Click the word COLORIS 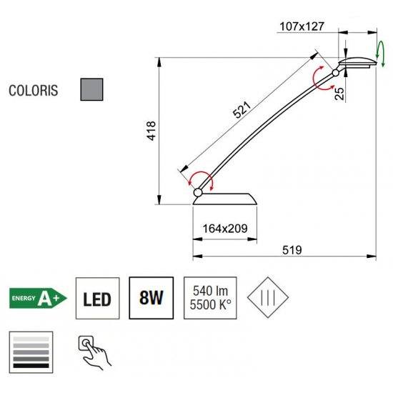point(34,91)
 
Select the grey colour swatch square point(91,89)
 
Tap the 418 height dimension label point(151,131)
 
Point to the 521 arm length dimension point(242,110)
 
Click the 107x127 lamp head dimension point(302,26)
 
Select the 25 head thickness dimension point(339,94)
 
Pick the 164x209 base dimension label point(225,229)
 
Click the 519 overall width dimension point(292,250)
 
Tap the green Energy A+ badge point(38,298)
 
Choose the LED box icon point(97,298)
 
